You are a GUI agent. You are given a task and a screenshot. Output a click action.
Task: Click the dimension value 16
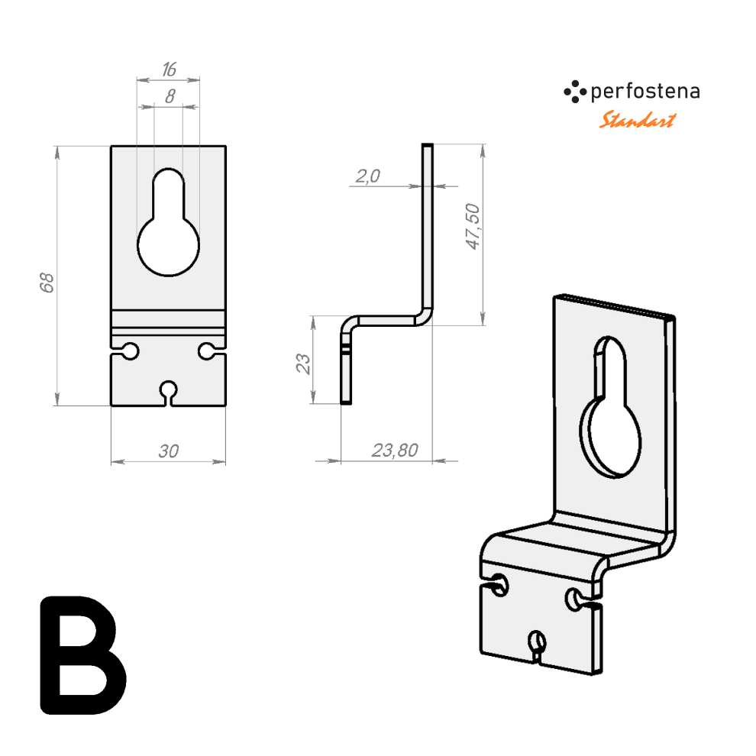click(170, 69)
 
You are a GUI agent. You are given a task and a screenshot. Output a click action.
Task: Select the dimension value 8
click(170, 96)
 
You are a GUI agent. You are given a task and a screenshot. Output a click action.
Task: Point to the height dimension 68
click(47, 283)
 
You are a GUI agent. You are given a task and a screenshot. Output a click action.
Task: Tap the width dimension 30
click(168, 451)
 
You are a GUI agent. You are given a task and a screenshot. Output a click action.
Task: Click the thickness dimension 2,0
click(368, 176)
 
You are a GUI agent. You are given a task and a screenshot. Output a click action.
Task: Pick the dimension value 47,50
click(473, 227)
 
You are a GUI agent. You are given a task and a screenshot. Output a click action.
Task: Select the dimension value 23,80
click(395, 451)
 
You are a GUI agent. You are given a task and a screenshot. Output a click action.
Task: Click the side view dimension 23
click(303, 363)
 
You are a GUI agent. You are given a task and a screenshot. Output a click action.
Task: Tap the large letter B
click(83, 655)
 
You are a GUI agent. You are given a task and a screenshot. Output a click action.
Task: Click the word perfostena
click(645, 92)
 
